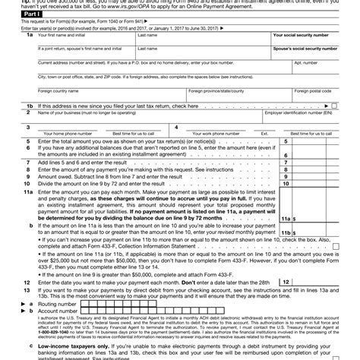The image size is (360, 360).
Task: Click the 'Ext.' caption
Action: (x=264, y=133)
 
